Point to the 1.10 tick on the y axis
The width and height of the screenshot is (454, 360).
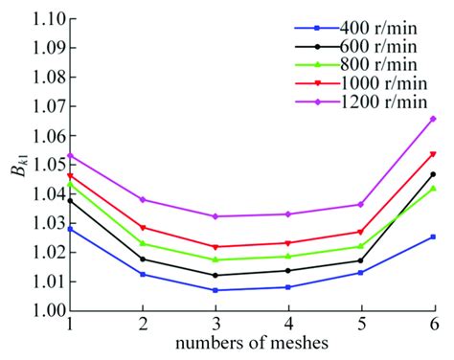48,19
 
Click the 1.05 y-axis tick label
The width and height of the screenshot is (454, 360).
48,165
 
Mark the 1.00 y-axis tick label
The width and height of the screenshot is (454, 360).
48,311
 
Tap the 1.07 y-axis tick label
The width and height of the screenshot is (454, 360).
48,106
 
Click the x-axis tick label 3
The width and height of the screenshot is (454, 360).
216,326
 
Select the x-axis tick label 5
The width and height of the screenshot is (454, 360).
361,326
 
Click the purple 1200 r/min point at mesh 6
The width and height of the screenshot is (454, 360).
433,119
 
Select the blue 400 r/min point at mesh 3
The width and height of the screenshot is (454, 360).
216,290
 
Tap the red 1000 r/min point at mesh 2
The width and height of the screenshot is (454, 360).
143,227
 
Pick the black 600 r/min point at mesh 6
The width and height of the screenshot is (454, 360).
433,174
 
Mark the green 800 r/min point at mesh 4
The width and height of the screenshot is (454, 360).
288,256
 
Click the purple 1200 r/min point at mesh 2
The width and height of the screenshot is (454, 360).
143,199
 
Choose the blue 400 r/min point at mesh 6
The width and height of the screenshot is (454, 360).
433,236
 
